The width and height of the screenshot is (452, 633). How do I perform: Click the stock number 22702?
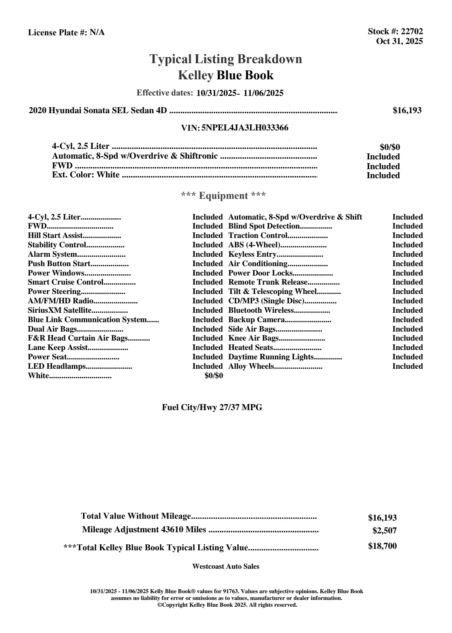(x=412, y=32)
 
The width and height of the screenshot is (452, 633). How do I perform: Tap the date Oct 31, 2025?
(x=399, y=41)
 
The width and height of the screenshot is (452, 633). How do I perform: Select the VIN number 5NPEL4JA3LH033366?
(x=245, y=128)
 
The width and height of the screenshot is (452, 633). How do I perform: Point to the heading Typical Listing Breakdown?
(x=226, y=59)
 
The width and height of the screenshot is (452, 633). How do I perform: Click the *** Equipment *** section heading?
(x=224, y=196)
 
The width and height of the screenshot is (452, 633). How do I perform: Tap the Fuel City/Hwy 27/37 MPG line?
(x=212, y=407)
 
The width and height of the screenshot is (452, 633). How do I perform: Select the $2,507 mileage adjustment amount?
(x=384, y=531)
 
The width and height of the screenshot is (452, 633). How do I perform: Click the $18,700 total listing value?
(x=382, y=546)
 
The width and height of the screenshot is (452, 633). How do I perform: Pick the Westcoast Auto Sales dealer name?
(x=226, y=566)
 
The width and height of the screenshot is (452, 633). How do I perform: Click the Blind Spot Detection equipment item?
(x=264, y=226)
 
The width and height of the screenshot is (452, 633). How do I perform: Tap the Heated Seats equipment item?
(x=251, y=348)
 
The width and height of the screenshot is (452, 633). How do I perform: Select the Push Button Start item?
(x=59, y=264)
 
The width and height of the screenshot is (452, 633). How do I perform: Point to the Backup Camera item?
(x=256, y=320)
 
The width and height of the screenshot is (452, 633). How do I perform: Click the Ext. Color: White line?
(x=86, y=175)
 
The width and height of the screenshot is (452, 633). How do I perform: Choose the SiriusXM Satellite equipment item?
(x=60, y=310)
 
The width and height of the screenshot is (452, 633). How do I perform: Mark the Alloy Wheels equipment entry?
(x=251, y=366)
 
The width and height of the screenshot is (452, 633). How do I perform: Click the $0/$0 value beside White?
(x=214, y=376)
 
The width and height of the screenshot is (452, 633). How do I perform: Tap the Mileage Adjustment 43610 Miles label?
(x=144, y=530)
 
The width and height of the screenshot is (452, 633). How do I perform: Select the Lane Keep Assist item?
(x=58, y=348)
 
